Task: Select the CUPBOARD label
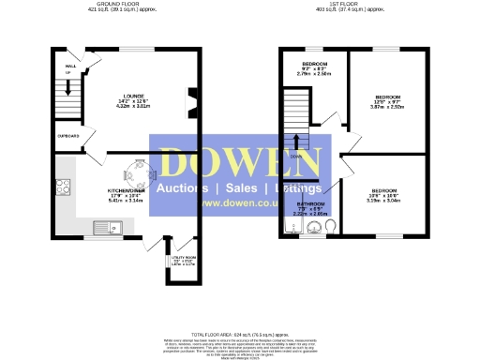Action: tap(67, 136)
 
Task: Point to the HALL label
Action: tap(69, 67)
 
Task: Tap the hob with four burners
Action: tap(65, 187)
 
